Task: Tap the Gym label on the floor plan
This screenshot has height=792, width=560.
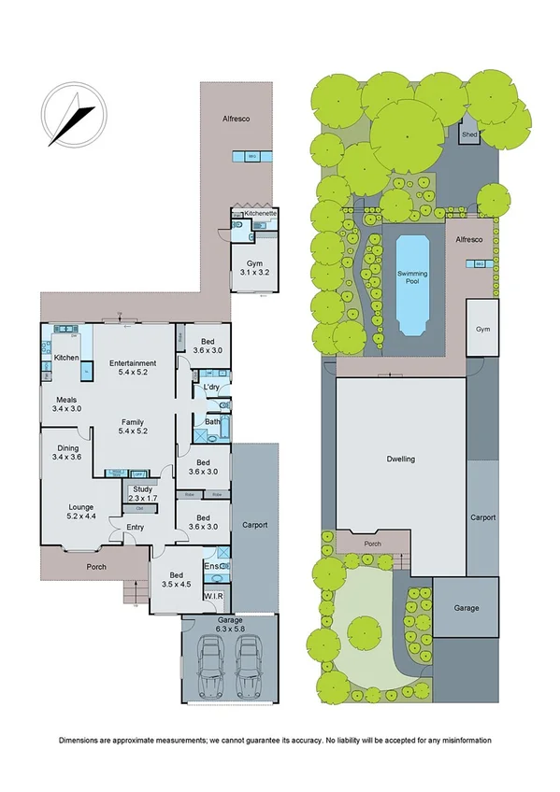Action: tap(251, 266)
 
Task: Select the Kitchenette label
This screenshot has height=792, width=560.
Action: tap(255, 214)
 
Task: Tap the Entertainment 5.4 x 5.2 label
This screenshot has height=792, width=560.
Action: tap(132, 367)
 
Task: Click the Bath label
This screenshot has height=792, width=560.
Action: tap(211, 422)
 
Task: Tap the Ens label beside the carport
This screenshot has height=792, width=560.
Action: tap(210, 566)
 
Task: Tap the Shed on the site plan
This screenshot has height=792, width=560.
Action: tap(469, 136)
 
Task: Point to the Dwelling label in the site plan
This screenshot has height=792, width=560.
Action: tap(399, 460)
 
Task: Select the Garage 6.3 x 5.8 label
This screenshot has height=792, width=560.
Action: tap(230, 624)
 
